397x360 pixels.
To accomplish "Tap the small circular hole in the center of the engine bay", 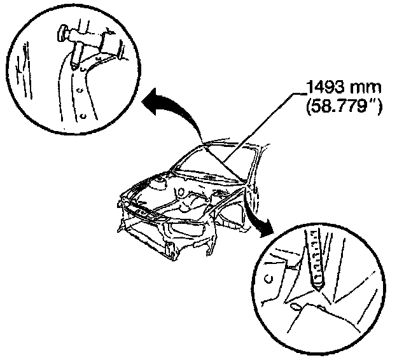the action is [183, 191].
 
